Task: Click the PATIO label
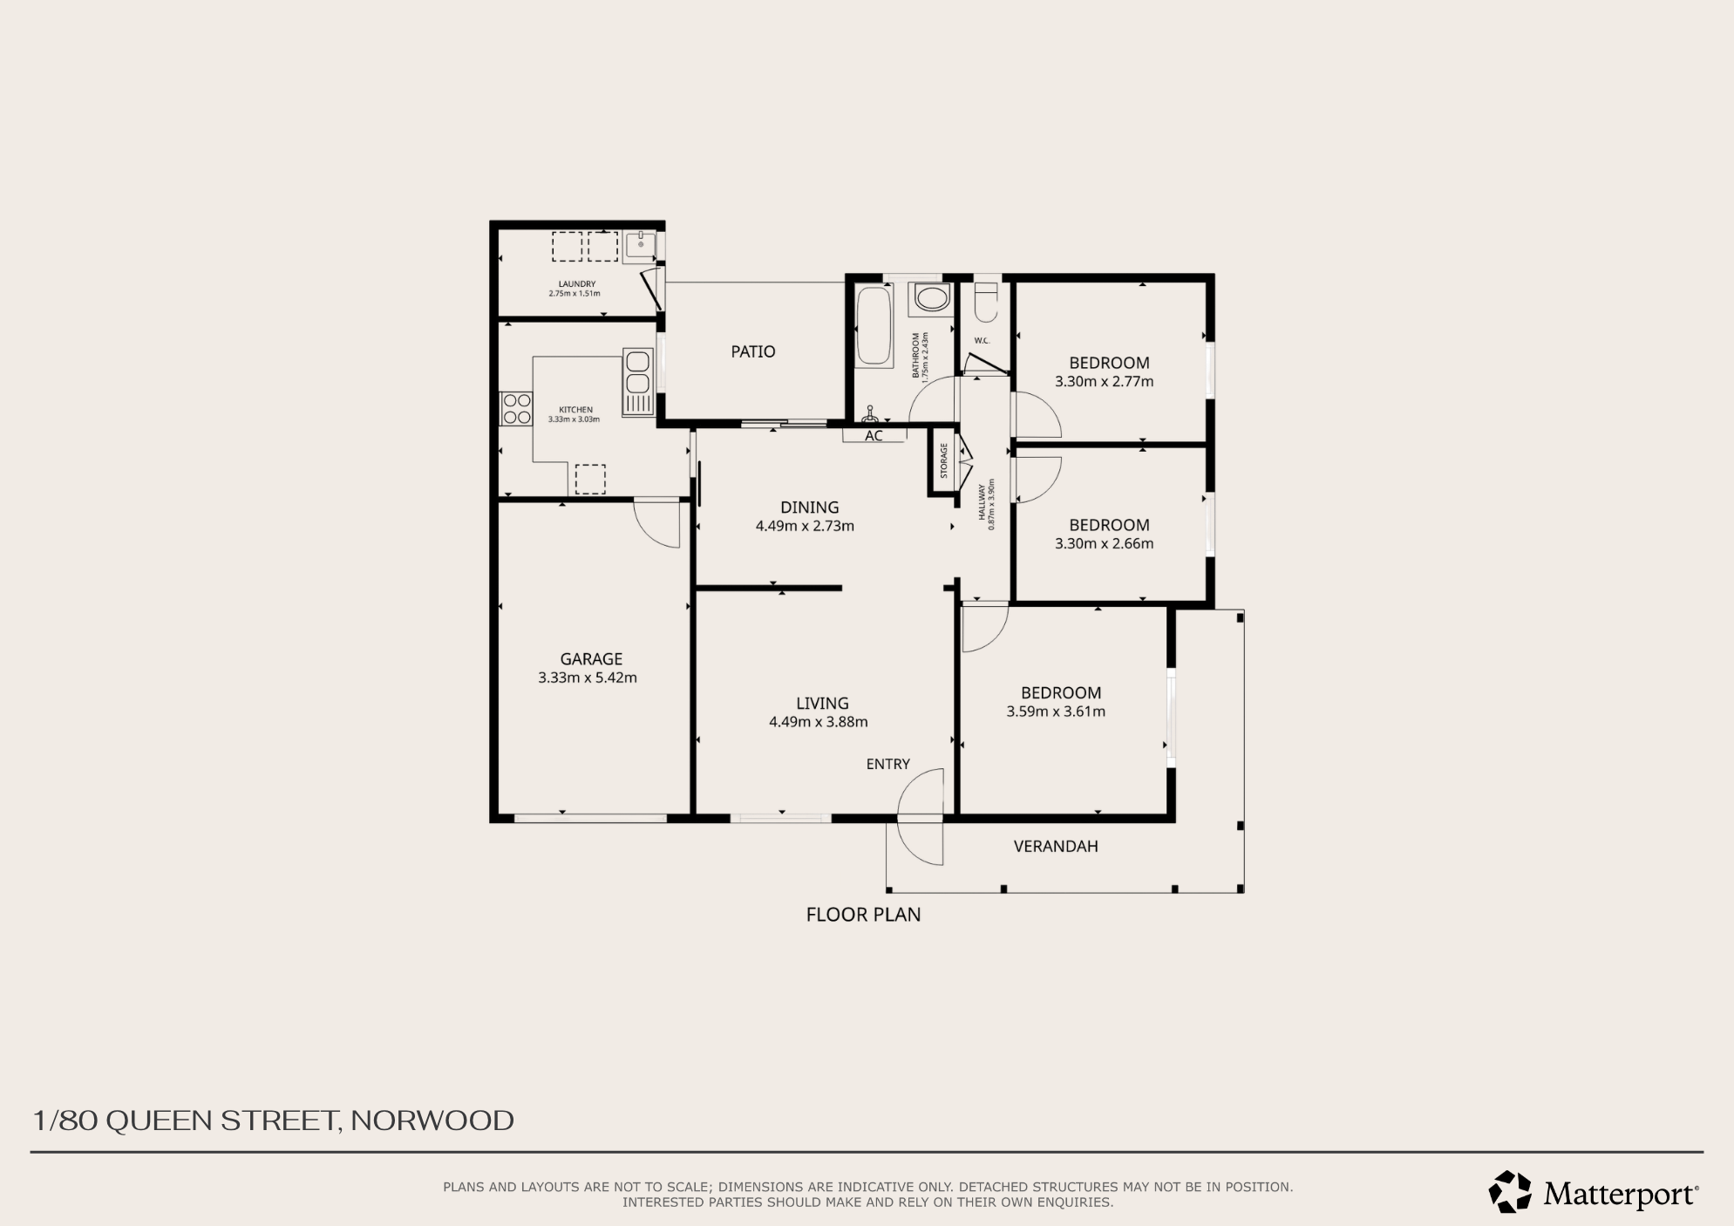[753, 351]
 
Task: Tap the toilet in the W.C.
[985, 301]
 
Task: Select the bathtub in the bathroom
[874, 324]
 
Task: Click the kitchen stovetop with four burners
[517, 409]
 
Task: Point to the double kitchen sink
[637, 381]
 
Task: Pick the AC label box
[874, 435]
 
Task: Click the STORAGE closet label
[943, 460]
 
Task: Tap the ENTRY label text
[887, 764]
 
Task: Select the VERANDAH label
[1056, 846]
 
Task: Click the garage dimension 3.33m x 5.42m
[588, 678]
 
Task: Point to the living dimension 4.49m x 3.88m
[819, 722]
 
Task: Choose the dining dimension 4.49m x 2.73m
[805, 526]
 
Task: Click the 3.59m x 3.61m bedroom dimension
[1056, 712]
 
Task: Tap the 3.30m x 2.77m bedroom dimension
[1104, 381]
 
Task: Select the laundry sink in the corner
[640, 246]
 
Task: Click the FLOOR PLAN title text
[863, 915]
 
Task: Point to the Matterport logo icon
[1510, 1192]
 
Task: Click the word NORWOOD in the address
[432, 1120]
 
